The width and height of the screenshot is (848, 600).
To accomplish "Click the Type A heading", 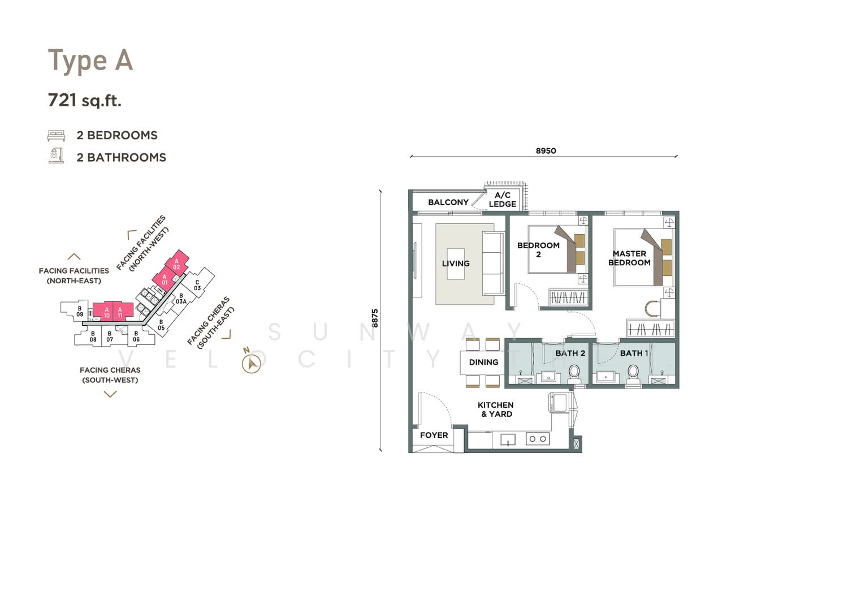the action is tap(90, 61).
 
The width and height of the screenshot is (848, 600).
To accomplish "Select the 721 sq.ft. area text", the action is tap(84, 101).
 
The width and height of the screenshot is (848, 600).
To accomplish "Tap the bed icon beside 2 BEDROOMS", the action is tap(56, 136).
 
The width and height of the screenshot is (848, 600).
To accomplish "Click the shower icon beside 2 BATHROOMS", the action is tap(56, 156).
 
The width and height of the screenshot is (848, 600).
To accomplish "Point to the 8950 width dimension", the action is tap(546, 151).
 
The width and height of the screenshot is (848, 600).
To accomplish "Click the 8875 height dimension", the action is tap(374, 318).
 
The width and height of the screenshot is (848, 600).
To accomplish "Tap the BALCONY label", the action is tap(448, 202).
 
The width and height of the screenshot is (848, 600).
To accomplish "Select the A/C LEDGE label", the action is tap(503, 200).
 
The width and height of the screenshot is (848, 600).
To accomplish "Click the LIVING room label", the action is tap(456, 264).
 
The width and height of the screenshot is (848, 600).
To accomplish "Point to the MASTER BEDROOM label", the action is tap(629, 258).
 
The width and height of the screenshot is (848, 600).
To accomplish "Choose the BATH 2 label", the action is tap(570, 353).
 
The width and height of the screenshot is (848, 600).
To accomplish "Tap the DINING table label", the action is tap(483, 362).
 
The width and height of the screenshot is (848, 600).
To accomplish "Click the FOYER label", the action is tap(434, 435).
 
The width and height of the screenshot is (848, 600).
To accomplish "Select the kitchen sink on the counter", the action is tap(508, 439).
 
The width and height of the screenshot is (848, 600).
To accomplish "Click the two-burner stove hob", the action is tap(538, 439).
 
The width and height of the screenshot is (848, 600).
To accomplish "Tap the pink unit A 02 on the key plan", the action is tap(177, 262).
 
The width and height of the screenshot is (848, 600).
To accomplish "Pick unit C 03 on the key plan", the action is tap(197, 285).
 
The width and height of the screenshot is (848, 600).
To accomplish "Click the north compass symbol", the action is tap(251, 364).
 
